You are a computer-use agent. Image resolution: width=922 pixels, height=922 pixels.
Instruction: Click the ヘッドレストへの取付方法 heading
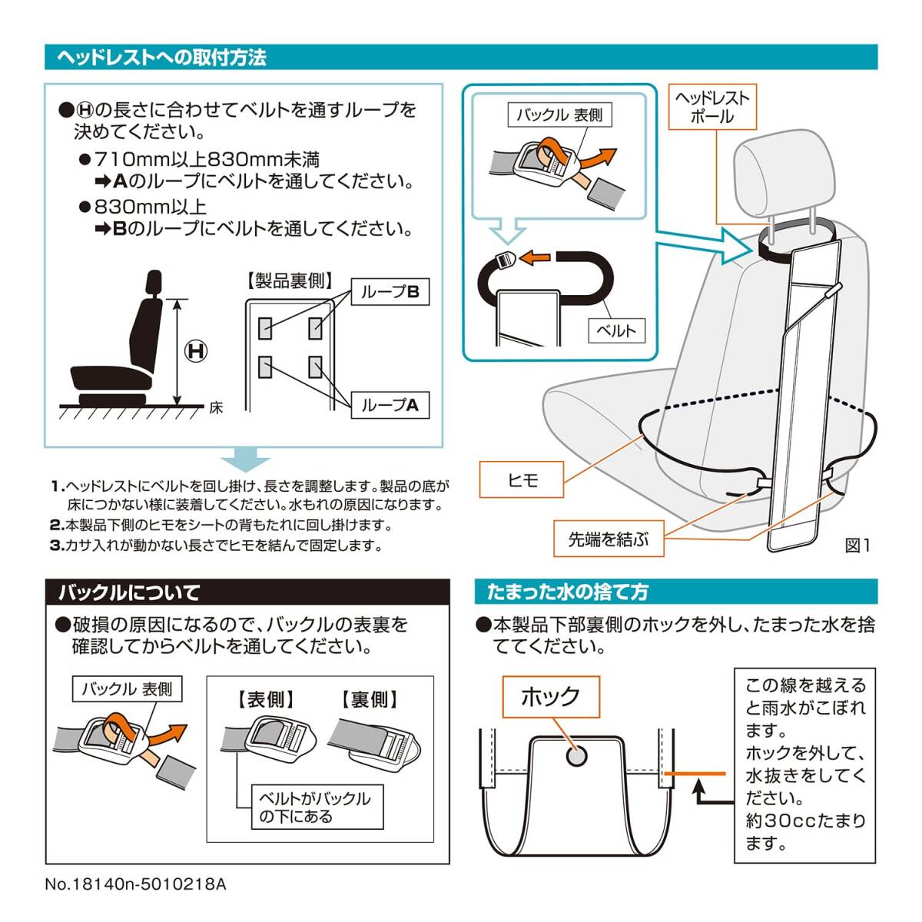161,58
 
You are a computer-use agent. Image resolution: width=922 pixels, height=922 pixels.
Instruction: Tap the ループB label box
390,291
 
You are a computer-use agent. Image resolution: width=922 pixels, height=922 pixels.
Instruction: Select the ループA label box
390,405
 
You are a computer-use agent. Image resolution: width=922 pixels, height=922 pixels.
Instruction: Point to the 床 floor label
216,408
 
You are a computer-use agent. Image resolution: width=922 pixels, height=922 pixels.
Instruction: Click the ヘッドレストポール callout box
712,107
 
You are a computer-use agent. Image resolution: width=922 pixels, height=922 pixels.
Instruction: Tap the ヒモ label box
522,479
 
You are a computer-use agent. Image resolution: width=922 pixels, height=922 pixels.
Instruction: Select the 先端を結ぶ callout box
609,539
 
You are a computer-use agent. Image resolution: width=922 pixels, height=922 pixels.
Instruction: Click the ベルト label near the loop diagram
616,330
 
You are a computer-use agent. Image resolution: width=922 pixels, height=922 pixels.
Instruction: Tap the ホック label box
551,697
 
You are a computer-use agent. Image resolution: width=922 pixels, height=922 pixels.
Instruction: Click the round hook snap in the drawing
576,757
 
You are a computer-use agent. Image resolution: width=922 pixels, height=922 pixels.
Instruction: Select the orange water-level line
695,774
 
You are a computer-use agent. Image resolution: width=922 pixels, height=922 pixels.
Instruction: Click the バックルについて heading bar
247,592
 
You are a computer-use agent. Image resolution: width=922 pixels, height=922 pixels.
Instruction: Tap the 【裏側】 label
369,700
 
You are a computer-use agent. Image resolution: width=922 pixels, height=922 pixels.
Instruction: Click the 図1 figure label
857,546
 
